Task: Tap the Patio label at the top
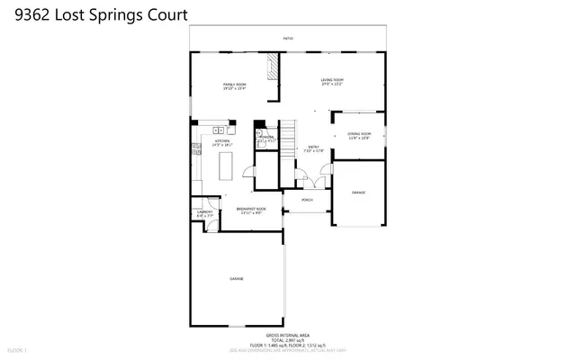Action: [287, 39]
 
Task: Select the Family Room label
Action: [235, 86]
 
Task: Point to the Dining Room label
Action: [359, 136]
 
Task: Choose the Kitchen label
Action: [221, 142]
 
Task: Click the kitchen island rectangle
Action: [226, 166]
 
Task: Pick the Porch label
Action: [306, 201]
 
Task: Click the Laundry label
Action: [204, 214]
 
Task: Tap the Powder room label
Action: [266, 139]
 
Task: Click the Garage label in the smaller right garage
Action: [358, 193]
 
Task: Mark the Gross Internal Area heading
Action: [288, 332]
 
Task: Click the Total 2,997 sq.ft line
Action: [288, 338]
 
